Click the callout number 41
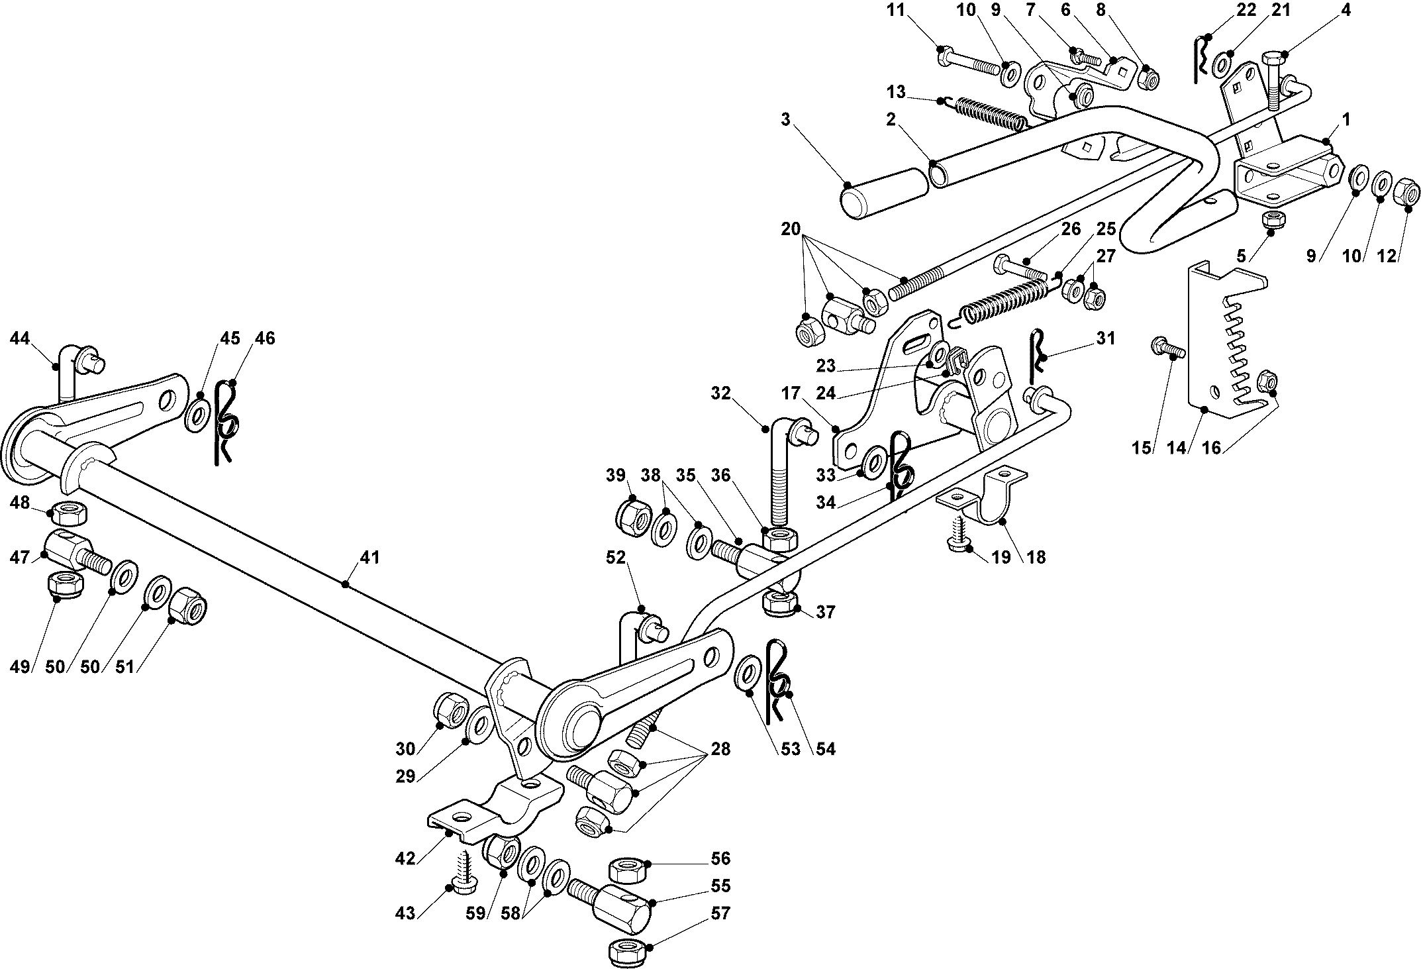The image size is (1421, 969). (369, 558)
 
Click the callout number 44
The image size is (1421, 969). (20, 338)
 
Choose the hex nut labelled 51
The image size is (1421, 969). (188, 601)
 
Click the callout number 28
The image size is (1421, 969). (720, 749)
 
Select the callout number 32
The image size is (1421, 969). (720, 393)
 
